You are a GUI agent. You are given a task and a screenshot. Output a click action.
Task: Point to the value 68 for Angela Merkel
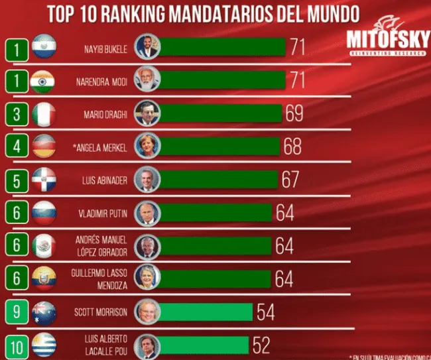[292, 146]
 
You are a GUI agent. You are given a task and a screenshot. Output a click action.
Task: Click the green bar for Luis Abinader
[219, 180]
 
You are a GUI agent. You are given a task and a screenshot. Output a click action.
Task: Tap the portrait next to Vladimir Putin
[146, 212]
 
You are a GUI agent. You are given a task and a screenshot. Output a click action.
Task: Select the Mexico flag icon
[44, 246]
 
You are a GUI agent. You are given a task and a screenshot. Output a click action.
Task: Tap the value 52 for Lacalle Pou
[260, 345]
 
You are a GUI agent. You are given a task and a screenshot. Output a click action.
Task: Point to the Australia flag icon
[44, 312]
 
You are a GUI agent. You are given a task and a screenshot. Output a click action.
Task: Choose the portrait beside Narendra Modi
[147, 81]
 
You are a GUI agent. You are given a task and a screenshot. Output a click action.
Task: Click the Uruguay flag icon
[44, 345]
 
